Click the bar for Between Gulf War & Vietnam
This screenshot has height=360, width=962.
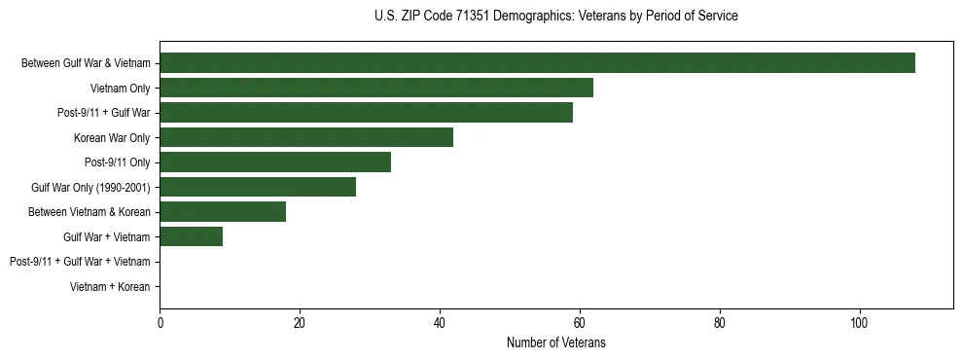click(537, 63)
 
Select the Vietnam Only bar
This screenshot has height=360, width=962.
click(376, 88)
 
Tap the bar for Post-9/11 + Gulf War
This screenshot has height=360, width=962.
click(366, 113)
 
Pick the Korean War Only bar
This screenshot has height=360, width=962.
click(306, 137)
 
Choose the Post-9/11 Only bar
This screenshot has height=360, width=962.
click(275, 162)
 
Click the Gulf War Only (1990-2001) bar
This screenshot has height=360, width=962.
click(258, 187)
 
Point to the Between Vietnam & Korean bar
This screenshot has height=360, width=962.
click(223, 211)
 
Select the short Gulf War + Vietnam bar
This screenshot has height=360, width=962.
click(191, 236)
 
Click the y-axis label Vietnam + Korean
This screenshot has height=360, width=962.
click(110, 287)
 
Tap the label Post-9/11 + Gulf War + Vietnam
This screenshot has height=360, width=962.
click(80, 262)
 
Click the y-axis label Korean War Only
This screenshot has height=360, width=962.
click(112, 138)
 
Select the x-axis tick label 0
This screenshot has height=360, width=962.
click(160, 323)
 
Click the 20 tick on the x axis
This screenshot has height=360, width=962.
click(300, 323)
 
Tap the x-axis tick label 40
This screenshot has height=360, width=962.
click(440, 323)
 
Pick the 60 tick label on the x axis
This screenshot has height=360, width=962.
click(580, 323)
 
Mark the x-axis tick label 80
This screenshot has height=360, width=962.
click(720, 323)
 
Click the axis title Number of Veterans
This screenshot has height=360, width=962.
click(556, 342)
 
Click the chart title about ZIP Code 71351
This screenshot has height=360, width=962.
click(555, 17)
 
